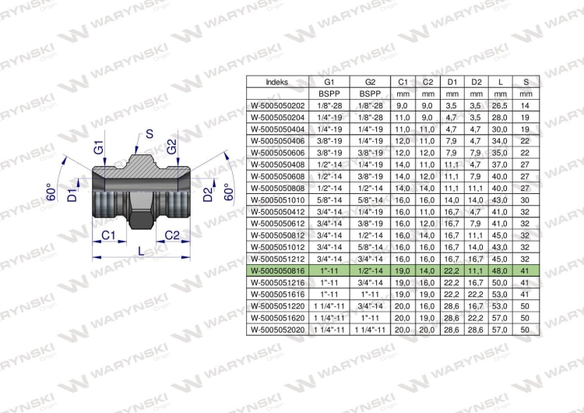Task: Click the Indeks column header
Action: point(276,81)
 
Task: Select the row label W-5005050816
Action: point(276,270)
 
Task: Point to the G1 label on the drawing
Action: point(98,147)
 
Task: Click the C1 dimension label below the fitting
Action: point(110,235)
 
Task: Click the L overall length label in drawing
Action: point(139,252)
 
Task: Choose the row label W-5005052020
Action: point(276,330)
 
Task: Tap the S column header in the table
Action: point(526,81)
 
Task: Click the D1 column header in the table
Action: point(452,81)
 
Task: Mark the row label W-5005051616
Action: point(276,294)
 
